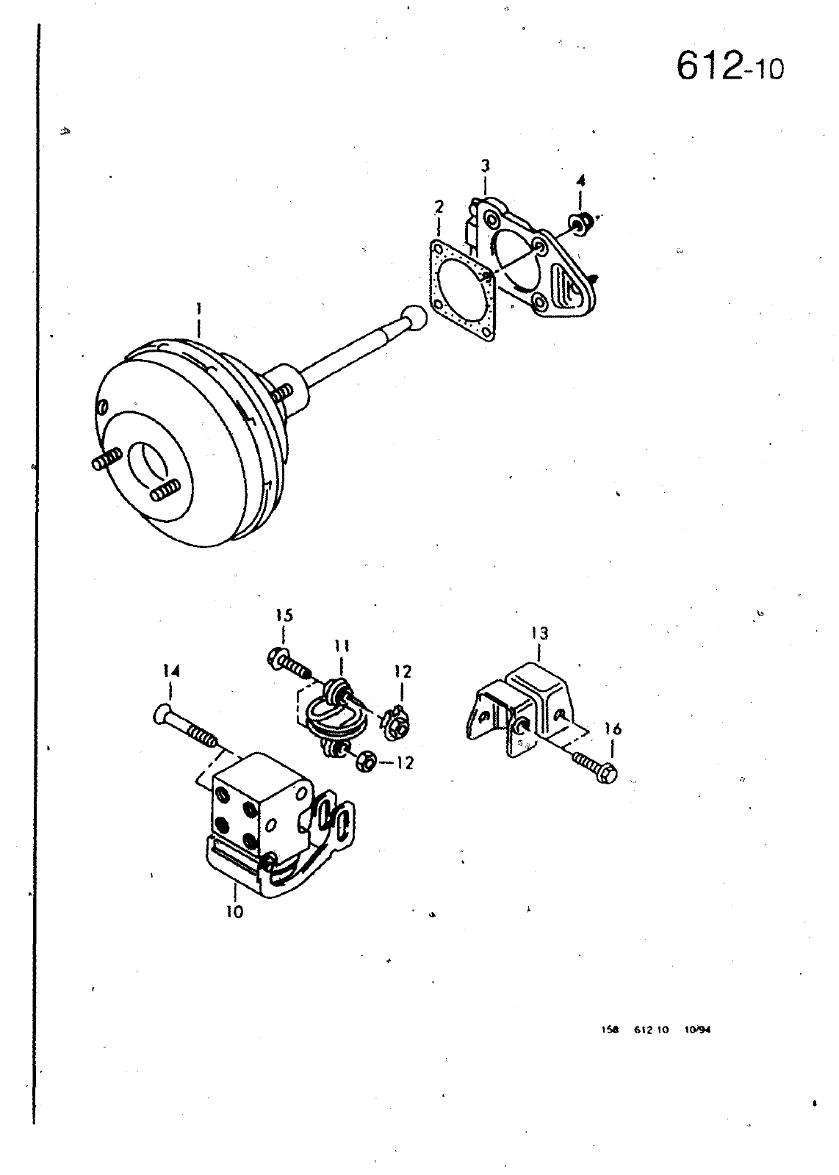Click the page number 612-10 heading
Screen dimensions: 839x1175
tap(730, 67)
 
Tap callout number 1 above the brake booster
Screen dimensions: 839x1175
tap(198, 308)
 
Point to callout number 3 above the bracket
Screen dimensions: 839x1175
tap(486, 166)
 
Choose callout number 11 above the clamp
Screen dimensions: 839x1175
tap(341, 647)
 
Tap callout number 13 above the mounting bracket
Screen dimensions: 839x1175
tap(539, 633)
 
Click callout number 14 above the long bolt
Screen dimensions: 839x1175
tap(171, 671)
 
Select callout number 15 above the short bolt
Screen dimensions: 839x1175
tap(284, 615)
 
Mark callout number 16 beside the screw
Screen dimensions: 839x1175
tap(612, 729)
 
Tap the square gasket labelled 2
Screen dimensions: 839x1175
tap(462, 290)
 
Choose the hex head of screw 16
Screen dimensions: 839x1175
tap(608, 774)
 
